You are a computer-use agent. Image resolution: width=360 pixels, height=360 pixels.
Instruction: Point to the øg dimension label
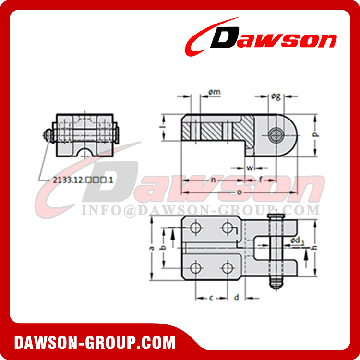point(276,96)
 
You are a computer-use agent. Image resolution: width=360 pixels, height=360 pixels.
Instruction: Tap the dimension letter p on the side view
point(315,135)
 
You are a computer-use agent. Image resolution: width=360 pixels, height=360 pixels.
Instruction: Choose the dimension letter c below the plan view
point(212,298)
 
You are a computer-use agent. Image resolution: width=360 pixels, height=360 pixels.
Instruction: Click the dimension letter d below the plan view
point(236,298)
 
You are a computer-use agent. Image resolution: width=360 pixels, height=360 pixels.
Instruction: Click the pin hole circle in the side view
point(276,135)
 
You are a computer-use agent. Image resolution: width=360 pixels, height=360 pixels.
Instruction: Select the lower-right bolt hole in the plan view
point(227,268)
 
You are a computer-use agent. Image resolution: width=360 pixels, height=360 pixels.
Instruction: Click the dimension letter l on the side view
point(162,127)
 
